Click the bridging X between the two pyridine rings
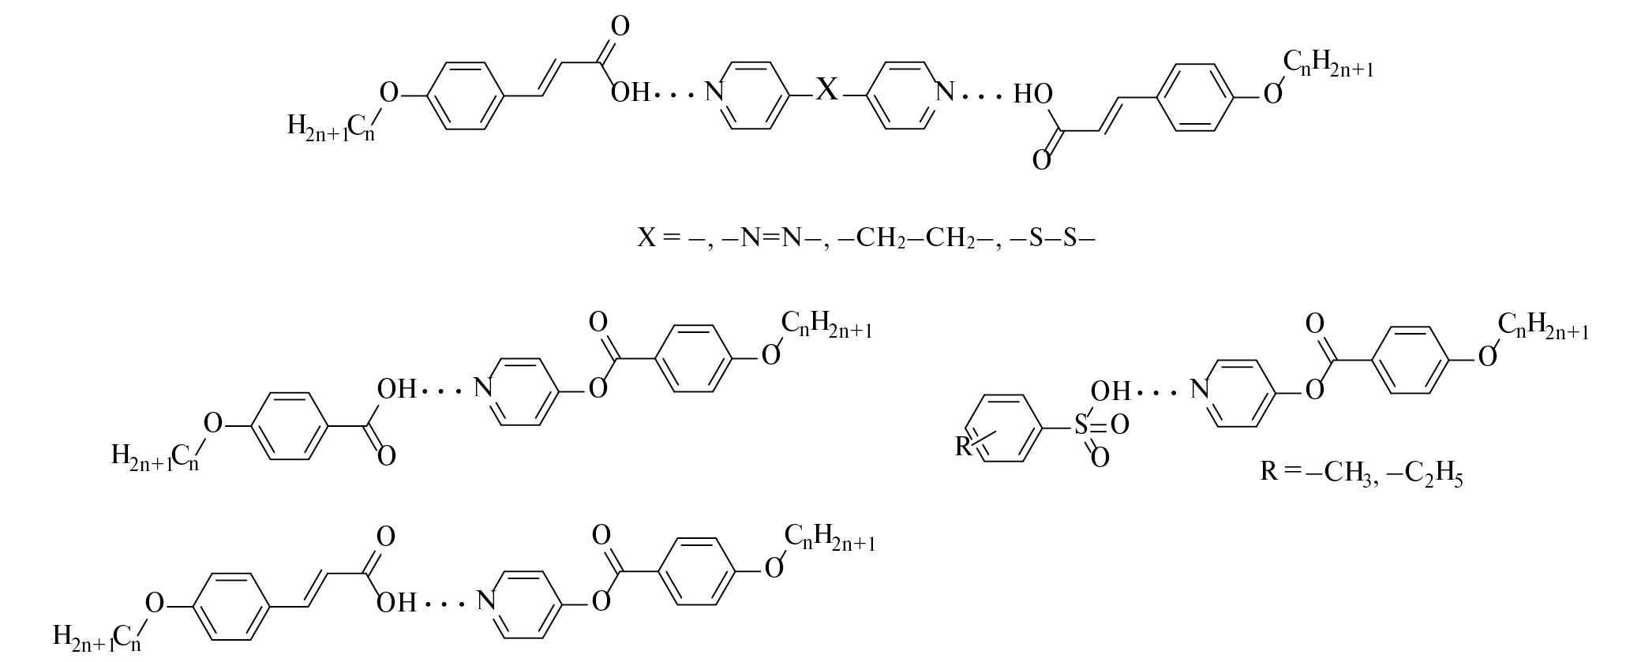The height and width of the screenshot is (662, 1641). (826, 89)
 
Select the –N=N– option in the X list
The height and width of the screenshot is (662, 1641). (772, 237)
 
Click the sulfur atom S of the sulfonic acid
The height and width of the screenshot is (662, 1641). (1081, 426)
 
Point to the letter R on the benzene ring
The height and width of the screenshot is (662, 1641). (963, 447)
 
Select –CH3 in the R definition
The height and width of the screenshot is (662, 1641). (1341, 473)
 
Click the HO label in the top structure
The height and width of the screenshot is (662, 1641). (1033, 95)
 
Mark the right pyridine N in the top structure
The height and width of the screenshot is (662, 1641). (944, 92)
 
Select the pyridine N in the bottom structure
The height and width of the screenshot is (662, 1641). (487, 602)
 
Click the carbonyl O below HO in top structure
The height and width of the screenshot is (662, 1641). (1042, 161)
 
